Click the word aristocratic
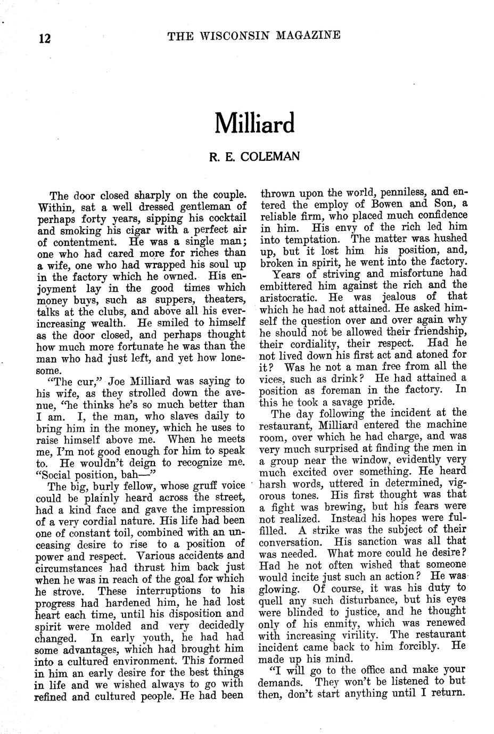click(289, 297)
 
